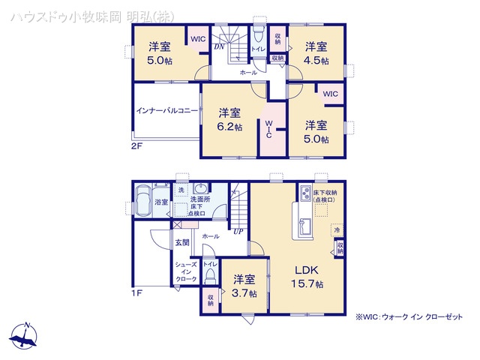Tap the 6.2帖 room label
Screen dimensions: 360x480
pos(229,120)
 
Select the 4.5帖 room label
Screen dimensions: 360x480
pos(316,52)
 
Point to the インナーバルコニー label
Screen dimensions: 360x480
pos(167,110)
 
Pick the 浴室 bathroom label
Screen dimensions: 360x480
pos(161,202)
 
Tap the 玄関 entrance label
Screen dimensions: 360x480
pos(182,241)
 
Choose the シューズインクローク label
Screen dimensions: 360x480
pos(186,271)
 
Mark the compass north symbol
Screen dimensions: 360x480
pos(25,336)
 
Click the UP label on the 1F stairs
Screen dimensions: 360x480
pos(238,230)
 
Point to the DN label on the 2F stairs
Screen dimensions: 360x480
pos(219,47)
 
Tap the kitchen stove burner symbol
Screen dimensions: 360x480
pos(307,194)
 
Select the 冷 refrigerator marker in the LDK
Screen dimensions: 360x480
pos(337,230)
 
